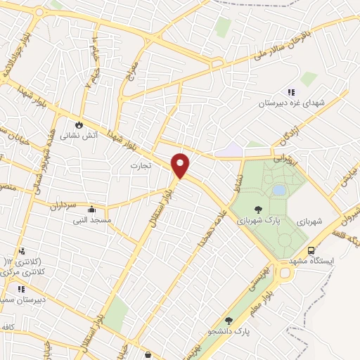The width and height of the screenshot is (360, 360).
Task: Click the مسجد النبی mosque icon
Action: (91, 210)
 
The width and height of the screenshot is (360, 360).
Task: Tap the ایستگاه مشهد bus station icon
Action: (310, 250)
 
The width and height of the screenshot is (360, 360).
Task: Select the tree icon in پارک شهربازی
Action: (259, 209)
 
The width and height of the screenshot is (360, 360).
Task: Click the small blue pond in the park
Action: (279, 191)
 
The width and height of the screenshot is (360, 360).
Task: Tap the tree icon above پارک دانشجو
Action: (229, 321)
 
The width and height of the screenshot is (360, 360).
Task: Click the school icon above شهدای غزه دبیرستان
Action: (291, 91)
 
